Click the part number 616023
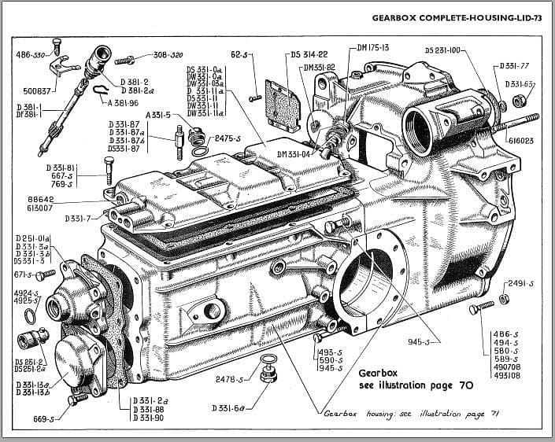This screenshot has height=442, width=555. [521, 141]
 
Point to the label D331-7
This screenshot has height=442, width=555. [79, 218]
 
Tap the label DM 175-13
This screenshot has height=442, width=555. [373, 48]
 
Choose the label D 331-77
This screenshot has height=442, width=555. [514, 67]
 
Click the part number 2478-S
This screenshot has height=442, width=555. [231, 379]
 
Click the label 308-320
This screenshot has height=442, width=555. [168, 56]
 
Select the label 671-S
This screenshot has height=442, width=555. [24, 274]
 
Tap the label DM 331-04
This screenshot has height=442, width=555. [295, 153]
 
